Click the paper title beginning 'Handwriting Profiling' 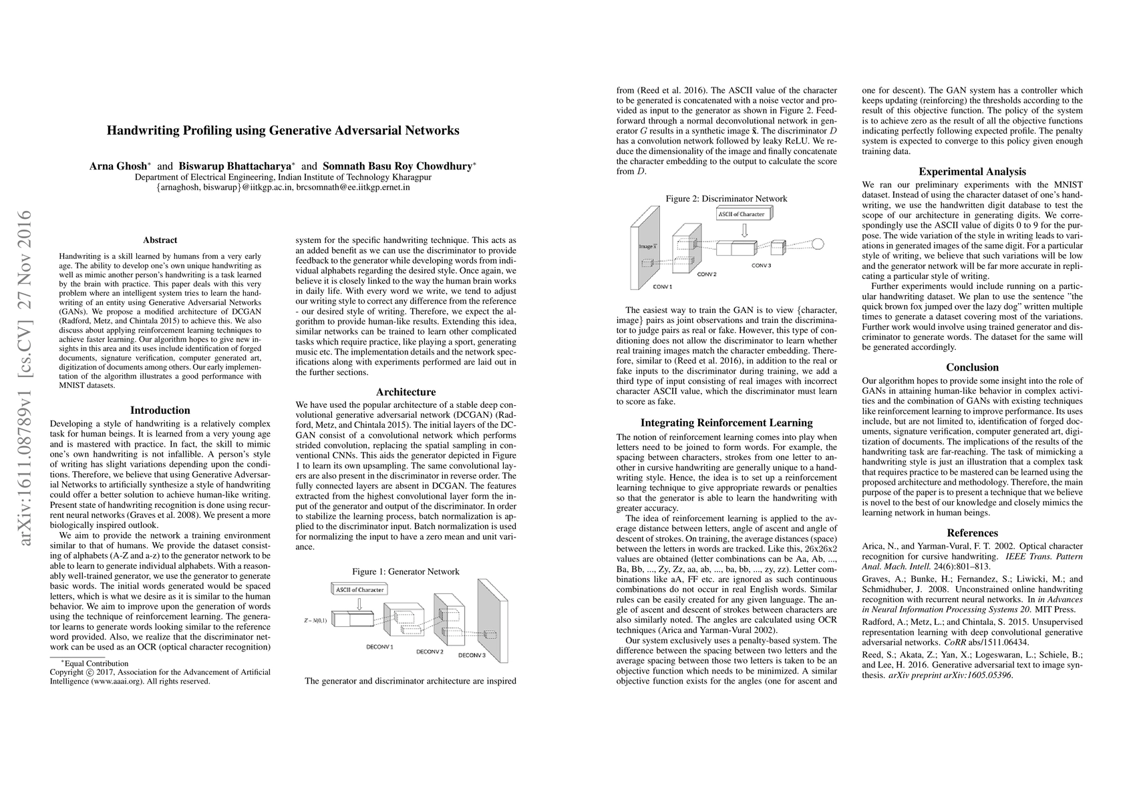(x=283, y=131)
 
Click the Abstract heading (x=160, y=240)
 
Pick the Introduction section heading (x=160, y=411)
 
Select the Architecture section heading (x=406, y=392)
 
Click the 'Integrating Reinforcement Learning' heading (x=726, y=423)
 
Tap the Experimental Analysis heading (x=972, y=172)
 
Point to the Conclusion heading (x=972, y=367)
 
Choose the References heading (x=972, y=533)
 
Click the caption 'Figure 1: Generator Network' (x=406, y=571)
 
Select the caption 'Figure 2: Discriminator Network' (x=726, y=198)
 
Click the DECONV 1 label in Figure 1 (x=379, y=647)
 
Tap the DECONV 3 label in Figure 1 (x=472, y=655)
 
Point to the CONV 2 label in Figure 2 (x=706, y=274)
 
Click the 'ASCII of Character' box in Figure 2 (x=743, y=214)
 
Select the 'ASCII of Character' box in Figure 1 (x=359, y=589)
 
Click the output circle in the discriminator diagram (x=818, y=244)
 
